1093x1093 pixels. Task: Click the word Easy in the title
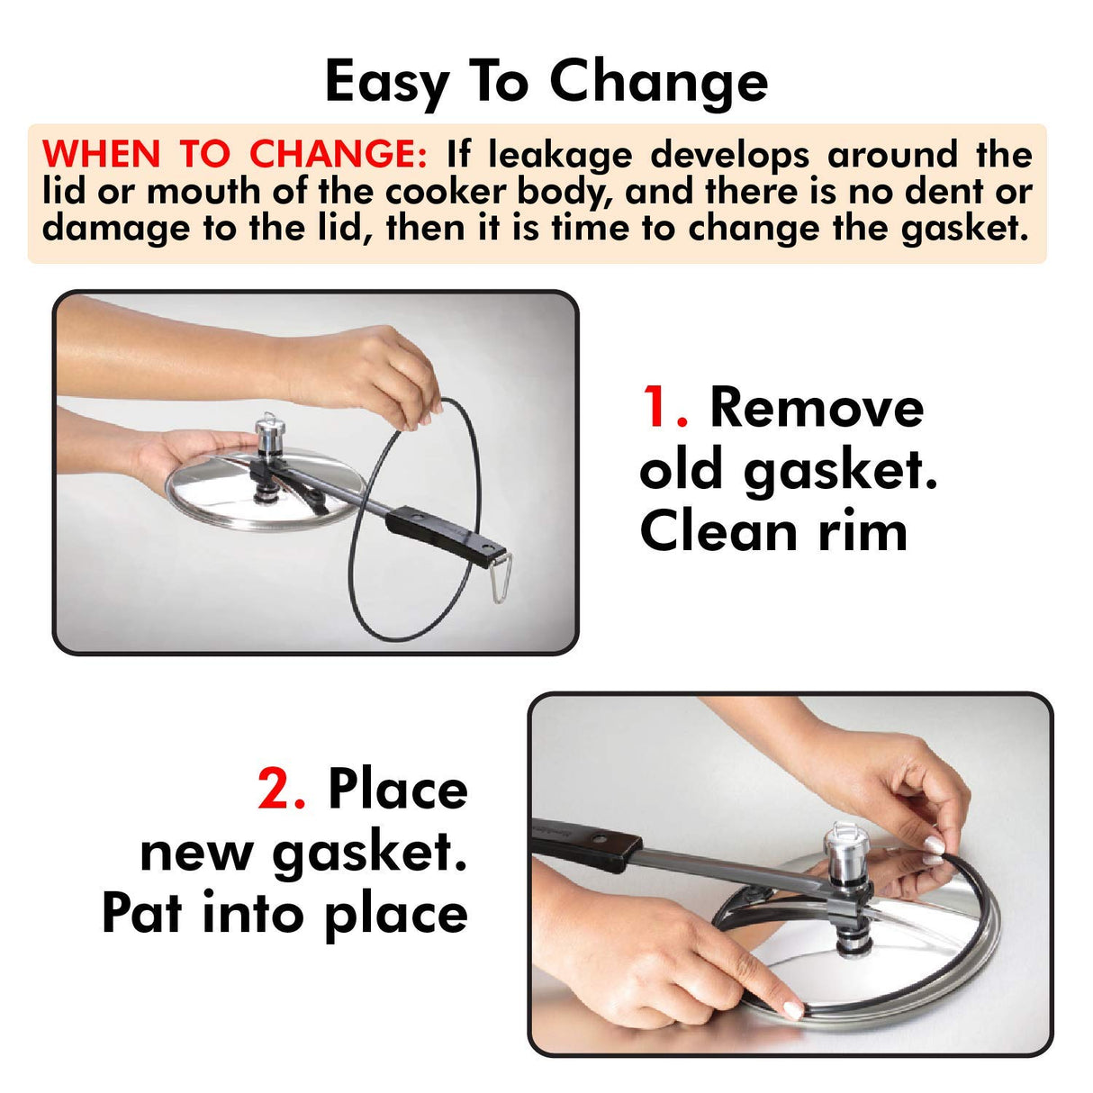coord(385,83)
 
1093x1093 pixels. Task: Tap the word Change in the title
coord(658,83)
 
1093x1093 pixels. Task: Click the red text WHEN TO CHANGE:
coord(234,155)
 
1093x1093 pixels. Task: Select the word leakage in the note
coord(559,155)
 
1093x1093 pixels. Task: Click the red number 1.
coord(663,408)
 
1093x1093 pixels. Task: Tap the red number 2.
coord(281,790)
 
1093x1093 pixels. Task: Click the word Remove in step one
coord(817,408)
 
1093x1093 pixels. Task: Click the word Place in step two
coord(398,790)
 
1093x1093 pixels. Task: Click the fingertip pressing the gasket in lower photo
coord(791,1008)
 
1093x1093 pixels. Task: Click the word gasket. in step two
coord(370,853)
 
